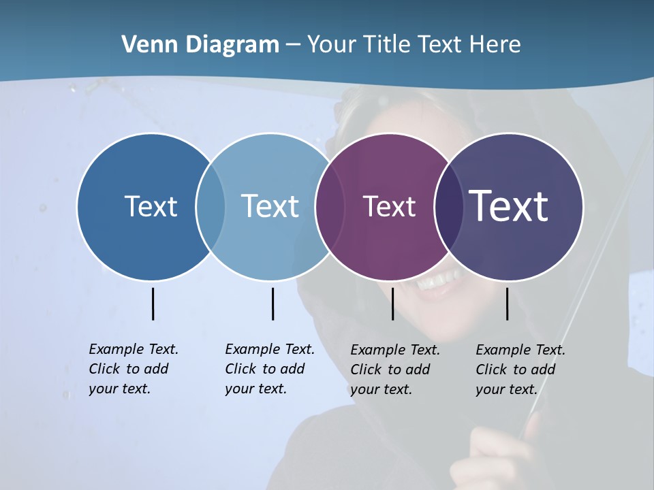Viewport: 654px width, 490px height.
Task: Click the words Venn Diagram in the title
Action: [x=200, y=45]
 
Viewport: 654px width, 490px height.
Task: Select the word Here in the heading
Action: [x=495, y=45]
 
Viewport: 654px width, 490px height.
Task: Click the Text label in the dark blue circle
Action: [x=151, y=206]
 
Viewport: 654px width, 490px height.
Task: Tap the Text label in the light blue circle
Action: [x=270, y=206]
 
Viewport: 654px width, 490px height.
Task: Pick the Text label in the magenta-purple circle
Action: [x=389, y=206]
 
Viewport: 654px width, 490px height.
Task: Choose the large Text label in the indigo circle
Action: [x=509, y=206]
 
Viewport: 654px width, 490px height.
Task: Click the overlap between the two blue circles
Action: [x=211, y=206]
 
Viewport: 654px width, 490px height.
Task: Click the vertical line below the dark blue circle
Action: [x=153, y=304]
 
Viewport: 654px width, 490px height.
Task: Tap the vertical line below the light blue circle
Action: [x=272, y=304]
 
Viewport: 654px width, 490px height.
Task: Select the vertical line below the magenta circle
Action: [x=392, y=304]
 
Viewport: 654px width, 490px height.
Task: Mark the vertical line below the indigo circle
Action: [x=507, y=304]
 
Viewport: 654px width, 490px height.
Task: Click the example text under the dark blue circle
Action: [x=133, y=369]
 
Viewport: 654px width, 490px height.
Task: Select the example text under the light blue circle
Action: [x=269, y=369]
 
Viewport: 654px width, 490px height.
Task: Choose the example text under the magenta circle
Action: [x=394, y=370]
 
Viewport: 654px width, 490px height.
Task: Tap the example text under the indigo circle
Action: [x=520, y=370]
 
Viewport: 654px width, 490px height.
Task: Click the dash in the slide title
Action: [x=293, y=45]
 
